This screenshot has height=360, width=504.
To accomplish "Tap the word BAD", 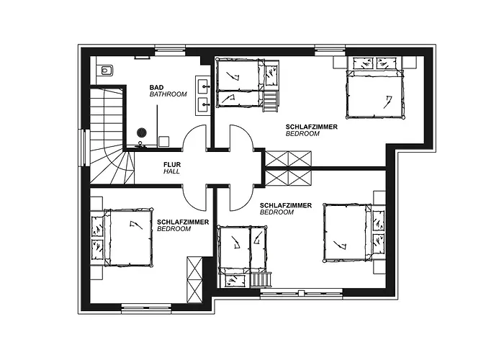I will point(156,87).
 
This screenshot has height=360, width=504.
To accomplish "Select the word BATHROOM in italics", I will point(168,94).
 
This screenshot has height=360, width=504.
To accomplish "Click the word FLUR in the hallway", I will point(171,164).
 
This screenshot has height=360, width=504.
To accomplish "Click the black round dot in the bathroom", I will point(142,132).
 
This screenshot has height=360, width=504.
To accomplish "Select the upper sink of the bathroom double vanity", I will point(203,84).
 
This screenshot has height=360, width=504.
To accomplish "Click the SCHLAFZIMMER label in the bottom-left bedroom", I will point(183,222).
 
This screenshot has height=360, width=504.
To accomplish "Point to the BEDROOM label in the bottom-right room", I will point(276,212).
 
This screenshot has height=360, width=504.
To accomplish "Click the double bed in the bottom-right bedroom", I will point(348,232).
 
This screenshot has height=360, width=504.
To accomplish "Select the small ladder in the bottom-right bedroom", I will point(261,279).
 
